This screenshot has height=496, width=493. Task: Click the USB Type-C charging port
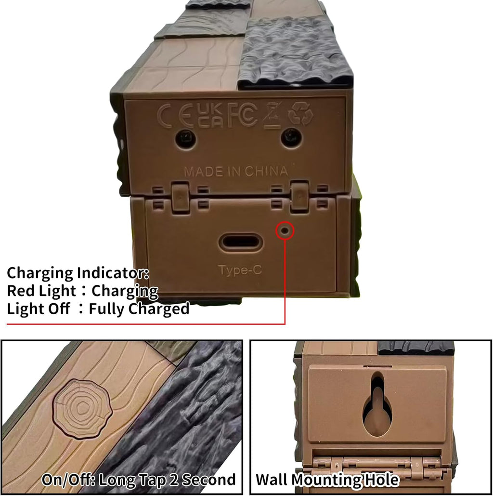(241, 242)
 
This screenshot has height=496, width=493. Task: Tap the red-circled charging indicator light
(285, 230)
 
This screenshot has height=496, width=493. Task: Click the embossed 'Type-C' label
(240, 270)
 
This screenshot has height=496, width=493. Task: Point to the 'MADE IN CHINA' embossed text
(236, 171)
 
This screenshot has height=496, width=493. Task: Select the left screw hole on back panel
(185, 138)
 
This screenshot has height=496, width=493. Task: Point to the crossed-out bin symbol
(273, 115)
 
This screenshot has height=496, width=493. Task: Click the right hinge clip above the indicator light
(299, 196)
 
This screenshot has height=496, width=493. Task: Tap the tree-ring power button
(82, 408)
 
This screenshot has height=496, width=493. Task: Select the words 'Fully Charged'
(139, 308)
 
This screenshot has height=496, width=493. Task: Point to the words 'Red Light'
(41, 291)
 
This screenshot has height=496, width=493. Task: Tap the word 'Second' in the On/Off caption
(208, 480)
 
